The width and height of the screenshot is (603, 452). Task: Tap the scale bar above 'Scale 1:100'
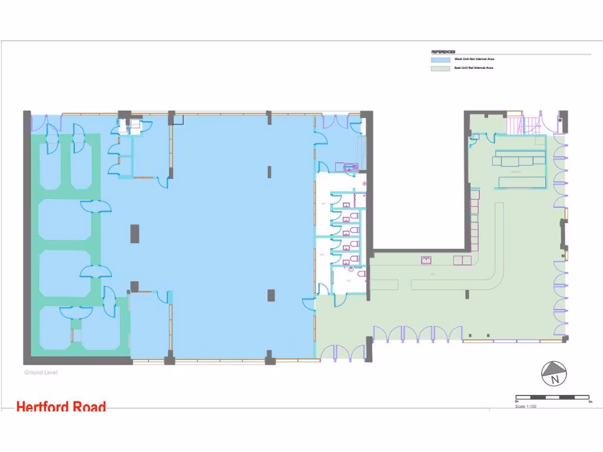tap(553, 398)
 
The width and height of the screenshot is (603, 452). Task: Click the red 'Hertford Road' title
tap(61, 407)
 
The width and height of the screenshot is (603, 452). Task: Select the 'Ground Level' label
tap(41, 373)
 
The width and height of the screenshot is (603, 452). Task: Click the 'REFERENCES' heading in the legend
tap(443, 52)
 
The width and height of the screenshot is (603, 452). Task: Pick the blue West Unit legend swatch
tap(440, 59)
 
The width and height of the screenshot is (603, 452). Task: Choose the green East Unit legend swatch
tap(440, 68)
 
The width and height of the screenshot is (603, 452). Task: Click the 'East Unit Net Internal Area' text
tap(473, 68)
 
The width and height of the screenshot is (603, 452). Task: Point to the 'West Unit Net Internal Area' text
tap(474, 59)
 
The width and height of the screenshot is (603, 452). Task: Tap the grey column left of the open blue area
tap(135, 233)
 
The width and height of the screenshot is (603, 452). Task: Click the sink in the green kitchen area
tap(426, 260)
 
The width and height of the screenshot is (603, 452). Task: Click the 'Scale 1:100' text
tap(526, 406)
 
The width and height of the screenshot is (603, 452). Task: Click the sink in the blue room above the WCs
tap(350, 167)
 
